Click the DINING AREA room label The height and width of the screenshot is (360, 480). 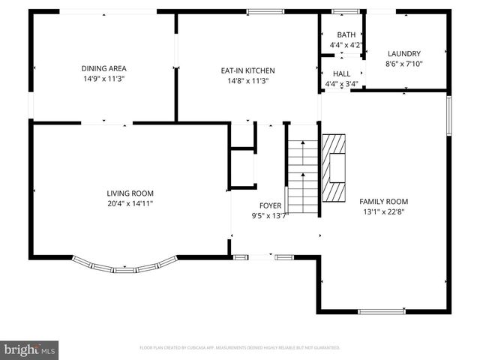[x=103, y=68]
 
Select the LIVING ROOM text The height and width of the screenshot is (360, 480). [x=130, y=193]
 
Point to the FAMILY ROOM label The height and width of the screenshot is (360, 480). [x=383, y=201]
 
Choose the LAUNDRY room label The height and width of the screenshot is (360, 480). [x=403, y=53]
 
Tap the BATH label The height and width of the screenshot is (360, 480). [x=346, y=34]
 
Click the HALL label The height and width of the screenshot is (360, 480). [x=341, y=73]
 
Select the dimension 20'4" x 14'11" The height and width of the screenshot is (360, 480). [x=130, y=203]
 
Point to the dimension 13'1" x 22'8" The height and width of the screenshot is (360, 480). [x=383, y=211]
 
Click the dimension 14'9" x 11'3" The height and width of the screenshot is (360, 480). [x=103, y=79]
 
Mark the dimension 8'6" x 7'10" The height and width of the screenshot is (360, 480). [x=403, y=64]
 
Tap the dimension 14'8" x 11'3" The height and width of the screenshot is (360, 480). [x=244, y=81]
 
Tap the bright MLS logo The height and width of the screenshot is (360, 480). [x=29, y=349]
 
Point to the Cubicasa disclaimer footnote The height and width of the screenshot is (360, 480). [x=240, y=348]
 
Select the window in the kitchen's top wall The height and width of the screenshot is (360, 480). [x=260, y=11]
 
